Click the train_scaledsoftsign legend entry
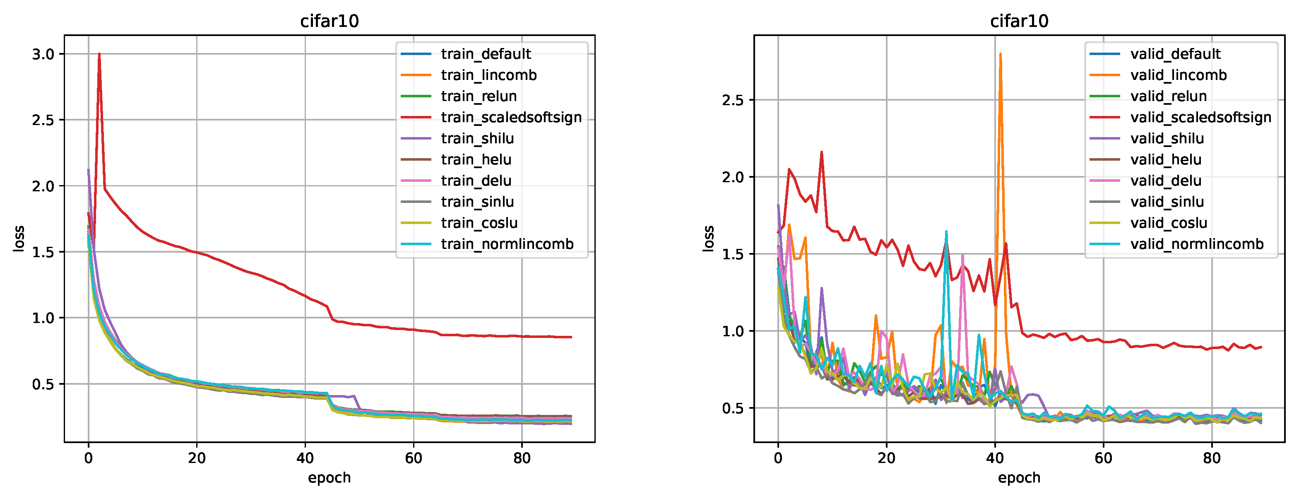point(510,117)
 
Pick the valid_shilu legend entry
point(1167,138)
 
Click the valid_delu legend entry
point(1165,181)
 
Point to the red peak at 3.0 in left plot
point(99,54)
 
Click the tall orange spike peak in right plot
point(1000,54)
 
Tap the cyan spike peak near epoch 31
point(946,231)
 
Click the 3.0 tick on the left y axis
point(43,54)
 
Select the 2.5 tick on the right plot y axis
point(733,100)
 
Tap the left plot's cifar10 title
point(329,21)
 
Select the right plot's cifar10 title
point(1019,21)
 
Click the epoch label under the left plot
point(329,477)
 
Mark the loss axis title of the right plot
point(709,239)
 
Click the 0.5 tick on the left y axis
point(43,384)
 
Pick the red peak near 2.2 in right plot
point(821,152)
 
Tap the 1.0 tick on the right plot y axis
point(733,331)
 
